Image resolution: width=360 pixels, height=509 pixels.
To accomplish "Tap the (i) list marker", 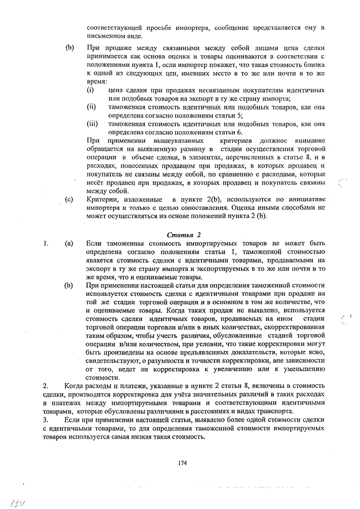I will (90, 90).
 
